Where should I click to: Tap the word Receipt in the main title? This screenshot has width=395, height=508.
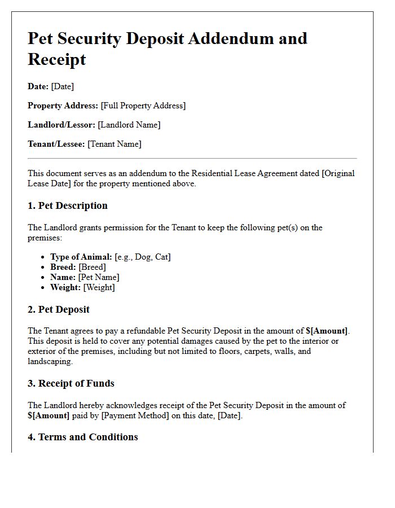tap(57, 59)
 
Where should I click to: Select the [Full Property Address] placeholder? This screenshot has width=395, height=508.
tap(143, 106)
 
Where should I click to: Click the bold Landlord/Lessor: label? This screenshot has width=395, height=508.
tap(62, 125)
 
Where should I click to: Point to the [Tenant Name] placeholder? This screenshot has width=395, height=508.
tap(115, 144)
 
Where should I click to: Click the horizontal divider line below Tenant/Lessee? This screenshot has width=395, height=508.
tap(192, 159)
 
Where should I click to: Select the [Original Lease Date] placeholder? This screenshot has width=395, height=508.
tap(338, 173)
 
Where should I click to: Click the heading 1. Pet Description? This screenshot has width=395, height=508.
tap(68, 205)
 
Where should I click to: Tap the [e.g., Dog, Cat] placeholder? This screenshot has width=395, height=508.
tap(143, 257)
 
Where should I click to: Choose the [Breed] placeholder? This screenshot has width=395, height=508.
tap(92, 267)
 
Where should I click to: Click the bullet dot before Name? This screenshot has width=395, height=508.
tap(43, 278)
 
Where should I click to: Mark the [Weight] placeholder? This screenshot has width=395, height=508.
tap(99, 287)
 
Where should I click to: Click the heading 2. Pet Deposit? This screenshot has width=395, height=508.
tap(59, 309)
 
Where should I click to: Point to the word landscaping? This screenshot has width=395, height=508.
tap(50, 361)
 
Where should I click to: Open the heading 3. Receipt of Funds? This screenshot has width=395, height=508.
tap(71, 383)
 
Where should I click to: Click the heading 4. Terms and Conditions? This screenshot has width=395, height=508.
tap(83, 437)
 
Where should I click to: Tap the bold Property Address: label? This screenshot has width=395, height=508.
tap(63, 106)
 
